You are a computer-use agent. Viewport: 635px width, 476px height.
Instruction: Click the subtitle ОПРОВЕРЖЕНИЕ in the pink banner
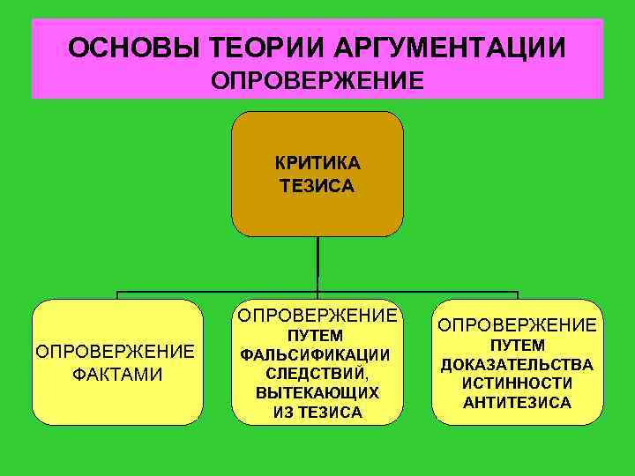click(317, 81)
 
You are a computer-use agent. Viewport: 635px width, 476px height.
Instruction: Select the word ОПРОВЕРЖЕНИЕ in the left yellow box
click(116, 352)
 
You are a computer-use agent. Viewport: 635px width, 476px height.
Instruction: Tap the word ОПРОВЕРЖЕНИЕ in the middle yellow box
click(317, 316)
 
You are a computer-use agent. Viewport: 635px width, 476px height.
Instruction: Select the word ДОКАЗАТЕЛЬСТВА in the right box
click(517, 365)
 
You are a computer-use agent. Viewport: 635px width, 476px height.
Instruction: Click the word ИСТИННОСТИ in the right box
click(517, 383)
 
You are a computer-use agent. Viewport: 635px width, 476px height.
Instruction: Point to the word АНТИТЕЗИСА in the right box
click(517, 403)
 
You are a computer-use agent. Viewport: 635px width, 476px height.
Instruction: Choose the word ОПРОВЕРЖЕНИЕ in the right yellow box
click(517, 325)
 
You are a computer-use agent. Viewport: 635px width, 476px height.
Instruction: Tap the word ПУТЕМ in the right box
click(517, 346)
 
